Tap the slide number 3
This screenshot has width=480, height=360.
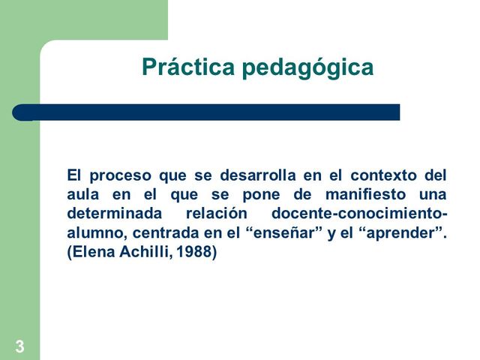pyautogui.click(x=19, y=346)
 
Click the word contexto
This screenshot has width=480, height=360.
pyautogui.click(x=381, y=176)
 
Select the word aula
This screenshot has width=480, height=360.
pyautogui.click(x=82, y=195)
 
